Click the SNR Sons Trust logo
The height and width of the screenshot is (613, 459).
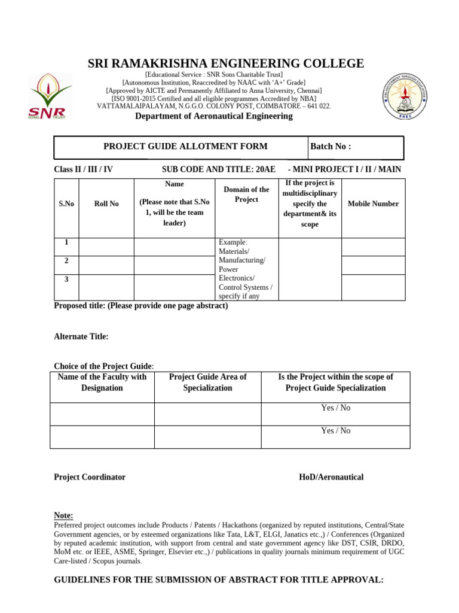point(50,96)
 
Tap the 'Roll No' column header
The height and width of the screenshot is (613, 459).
point(106,204)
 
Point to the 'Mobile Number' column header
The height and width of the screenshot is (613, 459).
point(372,204)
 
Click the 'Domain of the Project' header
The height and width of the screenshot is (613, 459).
point(246,195)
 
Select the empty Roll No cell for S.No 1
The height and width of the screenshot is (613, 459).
point(106,247)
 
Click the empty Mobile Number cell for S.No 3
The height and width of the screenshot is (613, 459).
point(372,287)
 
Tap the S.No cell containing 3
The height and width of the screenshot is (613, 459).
point(66,280)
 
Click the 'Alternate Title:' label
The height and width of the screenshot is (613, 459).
point(81,337)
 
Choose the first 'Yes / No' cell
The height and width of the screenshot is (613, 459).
point(335,408)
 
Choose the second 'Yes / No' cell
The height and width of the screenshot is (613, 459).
point(335,431)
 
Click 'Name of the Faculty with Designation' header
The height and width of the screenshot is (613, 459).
point(102,383)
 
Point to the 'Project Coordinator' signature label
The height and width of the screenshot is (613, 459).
point(90,477)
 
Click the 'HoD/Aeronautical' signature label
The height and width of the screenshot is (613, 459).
point(331,477)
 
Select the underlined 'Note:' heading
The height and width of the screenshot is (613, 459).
point(63,515)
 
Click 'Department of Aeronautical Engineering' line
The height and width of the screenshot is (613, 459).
point(214,116)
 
